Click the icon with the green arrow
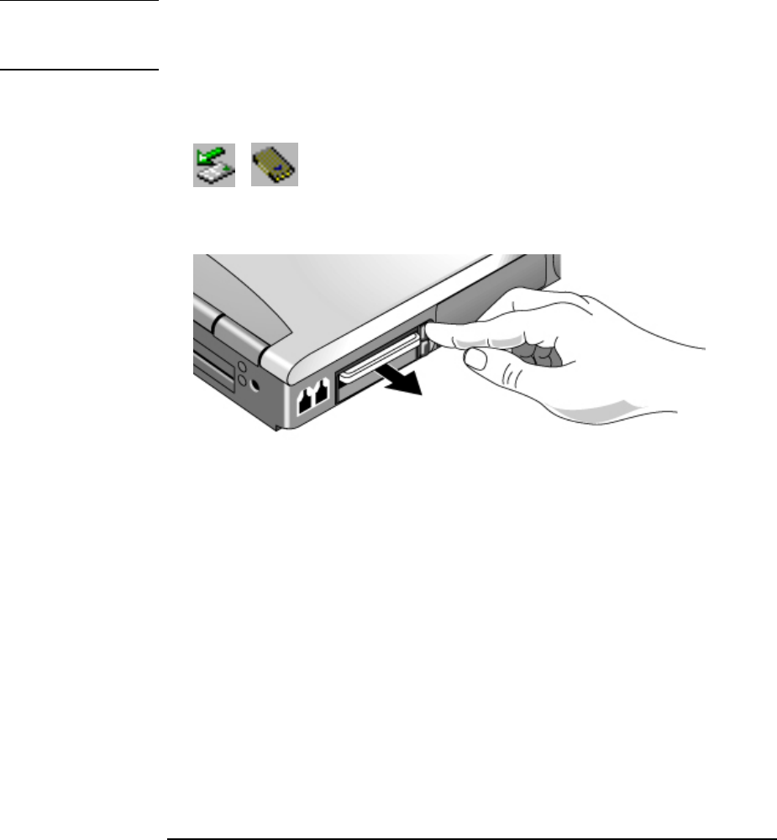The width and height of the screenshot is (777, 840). (x=214, y=164)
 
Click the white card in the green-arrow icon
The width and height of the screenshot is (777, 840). (x=215, y=172)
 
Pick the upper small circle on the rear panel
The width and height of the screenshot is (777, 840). (x=241, y=367)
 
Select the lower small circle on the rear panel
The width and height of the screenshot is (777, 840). (x=241, y=383)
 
